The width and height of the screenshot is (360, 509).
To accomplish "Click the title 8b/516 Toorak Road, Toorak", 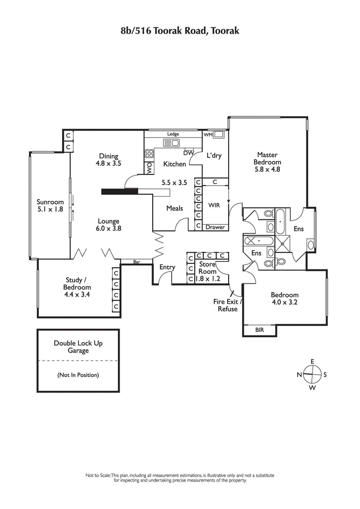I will pyautogui.click(x=180, y=31).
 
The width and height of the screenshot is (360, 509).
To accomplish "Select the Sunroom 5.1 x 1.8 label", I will pyautogui.click(x=50, y=205).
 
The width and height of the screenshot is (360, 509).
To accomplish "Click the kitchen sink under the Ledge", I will pyautogui.click(x=171, y=143).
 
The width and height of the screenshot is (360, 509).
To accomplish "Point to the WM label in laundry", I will pyautogui.click(x=208, y=134).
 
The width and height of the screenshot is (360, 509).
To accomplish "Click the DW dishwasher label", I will pyautogui.click(x=189, y=153).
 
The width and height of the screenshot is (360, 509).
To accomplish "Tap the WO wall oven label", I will pyautogui.click(x=148, y=167).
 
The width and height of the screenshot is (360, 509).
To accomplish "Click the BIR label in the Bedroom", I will pyautogui.click(x=260, y=330).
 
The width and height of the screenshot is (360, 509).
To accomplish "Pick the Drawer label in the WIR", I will pyautogui.click(x=215, y=227).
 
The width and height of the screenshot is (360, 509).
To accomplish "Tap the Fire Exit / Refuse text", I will pyautogui.click(x=228, y=305).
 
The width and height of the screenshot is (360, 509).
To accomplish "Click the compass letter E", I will pyautogui.click(x=312, y=362).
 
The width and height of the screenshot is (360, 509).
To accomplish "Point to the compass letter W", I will pyautogui.click(x=312, y=388).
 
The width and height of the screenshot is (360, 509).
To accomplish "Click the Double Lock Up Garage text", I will pyautogui.click(x=78, y=347).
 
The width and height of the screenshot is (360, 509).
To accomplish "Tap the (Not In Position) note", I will pyautogui.click(x=78, y=375).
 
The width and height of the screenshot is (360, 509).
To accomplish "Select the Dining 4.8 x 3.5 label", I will pyautogui.click(x=108, y=160).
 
